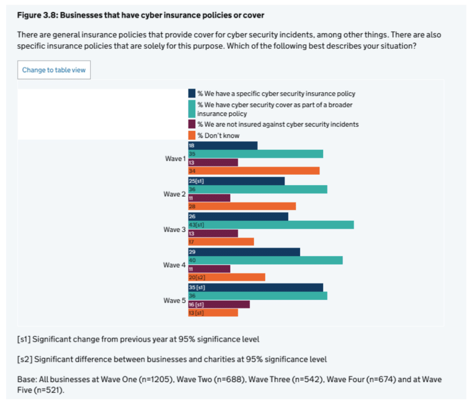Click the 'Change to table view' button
[x=54, y=70]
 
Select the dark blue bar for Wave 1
[x=223, y=145]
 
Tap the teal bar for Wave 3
[x=271, y=225]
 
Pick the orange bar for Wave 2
[x=242, y=206]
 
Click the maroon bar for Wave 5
[x=219, y=305]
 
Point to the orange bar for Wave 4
[x=227, y=277]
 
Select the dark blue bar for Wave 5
[x=256, y=288]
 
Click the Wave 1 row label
[x=175, y=158]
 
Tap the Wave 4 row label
[x=174, y=265]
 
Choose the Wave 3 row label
[x=174, y=229]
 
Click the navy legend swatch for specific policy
[x=192, y=93]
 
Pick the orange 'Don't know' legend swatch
[x=192, y=135]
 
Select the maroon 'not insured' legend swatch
[x=192, y=124]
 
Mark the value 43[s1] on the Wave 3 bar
[x=197, y=225]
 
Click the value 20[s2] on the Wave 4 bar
[x=197, y=277]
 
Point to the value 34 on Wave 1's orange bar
[x=192, y=171]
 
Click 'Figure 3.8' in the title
[x=37, y=15]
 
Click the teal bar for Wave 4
[x=265, y=260]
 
